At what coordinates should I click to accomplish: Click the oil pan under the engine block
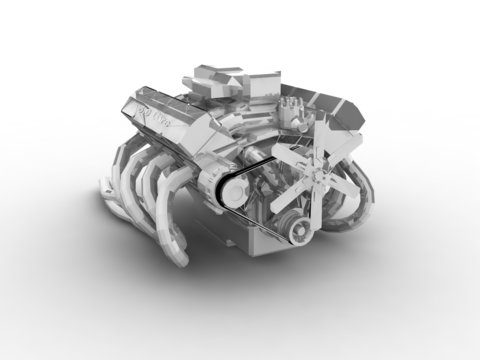(250, 235)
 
